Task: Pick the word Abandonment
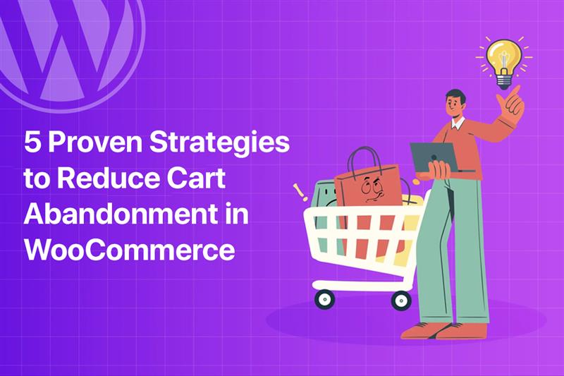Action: (x=121, y=213)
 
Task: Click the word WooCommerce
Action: (x=130, y=249)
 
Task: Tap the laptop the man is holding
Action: (x=434, y=157)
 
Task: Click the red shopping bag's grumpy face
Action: (x=372, y=189)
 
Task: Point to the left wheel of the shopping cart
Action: (x=324, y=299)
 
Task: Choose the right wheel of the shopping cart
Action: (x=401, y=301)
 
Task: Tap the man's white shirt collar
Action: (x=458, y=123)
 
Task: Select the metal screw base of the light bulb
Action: (x=503, y=81)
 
